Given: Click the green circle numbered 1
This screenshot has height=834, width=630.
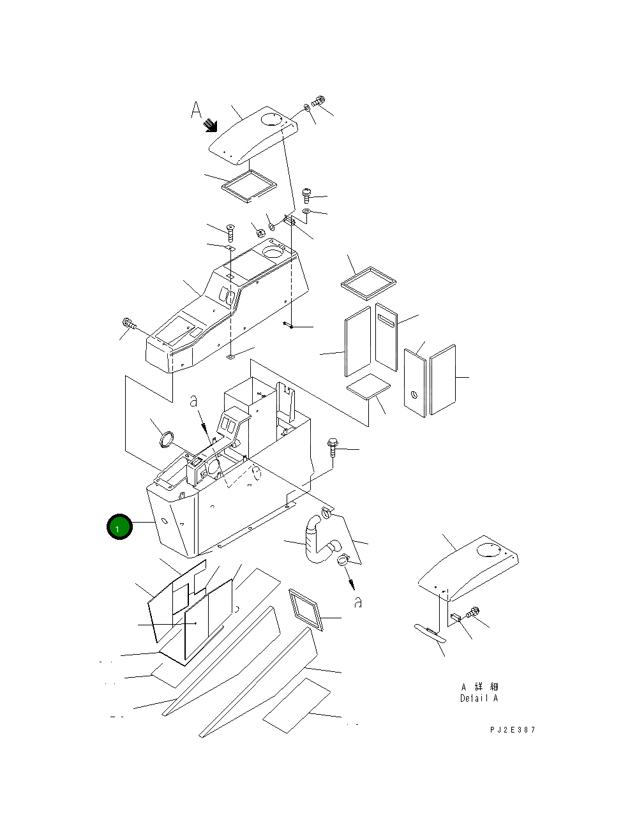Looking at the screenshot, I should coord(119,528).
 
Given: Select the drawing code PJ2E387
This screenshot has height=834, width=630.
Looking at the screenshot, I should coord(509,730).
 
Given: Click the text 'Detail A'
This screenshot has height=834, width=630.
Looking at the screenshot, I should coord(479,698).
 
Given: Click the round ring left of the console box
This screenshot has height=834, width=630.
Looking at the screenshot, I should coord(167,440).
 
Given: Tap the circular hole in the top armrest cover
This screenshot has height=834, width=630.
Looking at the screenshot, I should coord(271,119).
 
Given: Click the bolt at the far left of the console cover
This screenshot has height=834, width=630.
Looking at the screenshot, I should coord(128,324).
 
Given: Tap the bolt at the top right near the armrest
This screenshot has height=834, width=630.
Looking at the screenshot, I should coord(320,101).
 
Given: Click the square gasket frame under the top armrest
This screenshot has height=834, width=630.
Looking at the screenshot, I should coord(248,185).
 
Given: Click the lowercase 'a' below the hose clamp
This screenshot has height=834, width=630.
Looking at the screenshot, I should coord(358,602).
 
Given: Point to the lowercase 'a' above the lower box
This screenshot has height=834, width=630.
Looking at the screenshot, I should coord(194,401).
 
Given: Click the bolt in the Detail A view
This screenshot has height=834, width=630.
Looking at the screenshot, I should coord(474,613).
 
